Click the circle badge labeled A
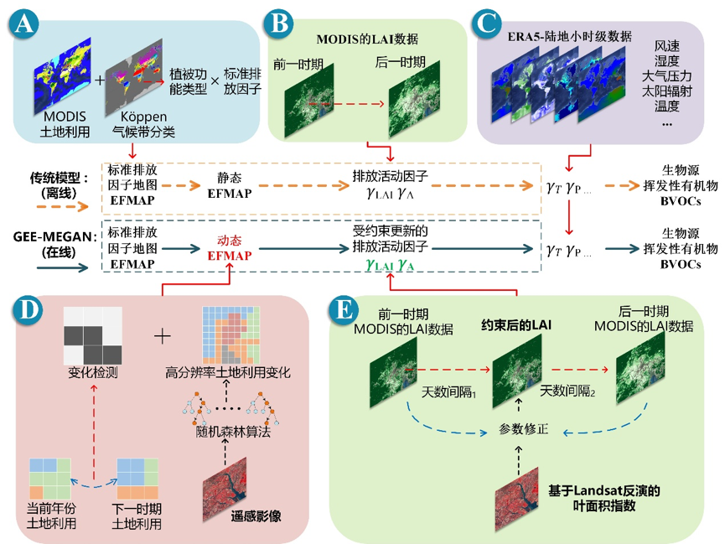(x=23, y=23)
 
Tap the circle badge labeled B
(x=278, y=23)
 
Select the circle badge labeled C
(x=487, y=23)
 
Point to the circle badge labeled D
(x=28, y=309)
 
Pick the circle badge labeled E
(x=344, y=309)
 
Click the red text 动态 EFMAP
(x=230, y=248)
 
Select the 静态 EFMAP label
(x=230, y=185)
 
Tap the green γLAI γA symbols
(x=390, y=265)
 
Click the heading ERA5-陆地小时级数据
(x=570, y=36)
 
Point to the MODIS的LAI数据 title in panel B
(x=367, y=39)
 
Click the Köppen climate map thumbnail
(x=133, y=77)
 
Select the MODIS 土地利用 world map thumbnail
(x=62, y=76)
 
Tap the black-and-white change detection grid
(x=92, y=335)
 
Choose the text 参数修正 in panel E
(x=523, y=429)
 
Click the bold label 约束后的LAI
(x=516, y=325)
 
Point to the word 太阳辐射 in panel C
(x=666, y=91)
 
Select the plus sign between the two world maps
(x=100, y=80)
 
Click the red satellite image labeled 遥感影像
(x=225, y=490)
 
